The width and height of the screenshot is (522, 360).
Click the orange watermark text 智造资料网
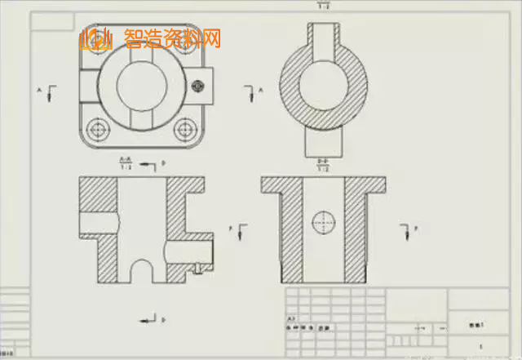172,38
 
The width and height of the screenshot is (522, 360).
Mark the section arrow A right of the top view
250,90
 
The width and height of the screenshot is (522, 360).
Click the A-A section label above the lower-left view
126,162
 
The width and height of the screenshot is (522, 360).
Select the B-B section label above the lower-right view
323,165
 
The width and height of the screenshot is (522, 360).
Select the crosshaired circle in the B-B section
323,221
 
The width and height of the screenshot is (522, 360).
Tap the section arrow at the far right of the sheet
407,231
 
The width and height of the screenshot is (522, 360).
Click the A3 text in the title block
291,318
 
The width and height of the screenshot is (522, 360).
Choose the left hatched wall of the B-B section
290,233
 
